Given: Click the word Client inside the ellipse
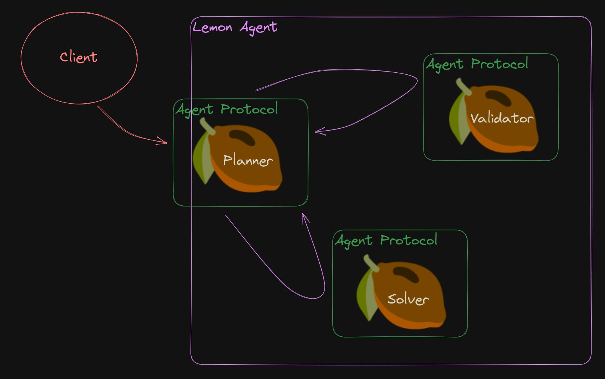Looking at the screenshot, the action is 79,57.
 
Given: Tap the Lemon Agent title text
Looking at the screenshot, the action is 235,28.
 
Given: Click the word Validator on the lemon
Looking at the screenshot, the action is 502,118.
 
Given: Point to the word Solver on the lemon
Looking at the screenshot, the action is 408,299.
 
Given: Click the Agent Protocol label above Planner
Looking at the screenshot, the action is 226,110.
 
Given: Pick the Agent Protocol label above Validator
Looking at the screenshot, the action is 477,64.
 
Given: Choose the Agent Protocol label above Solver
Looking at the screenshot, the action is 386,241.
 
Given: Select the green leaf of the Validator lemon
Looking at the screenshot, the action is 459,119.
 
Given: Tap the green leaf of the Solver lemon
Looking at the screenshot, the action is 367,295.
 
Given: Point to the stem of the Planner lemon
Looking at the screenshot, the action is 207,126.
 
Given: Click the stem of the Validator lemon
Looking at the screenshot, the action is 464,86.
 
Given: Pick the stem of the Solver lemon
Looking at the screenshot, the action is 371,263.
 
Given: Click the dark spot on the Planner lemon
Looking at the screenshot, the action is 242,137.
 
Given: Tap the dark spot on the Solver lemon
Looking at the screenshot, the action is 406,275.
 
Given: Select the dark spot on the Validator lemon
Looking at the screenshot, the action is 498,98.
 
